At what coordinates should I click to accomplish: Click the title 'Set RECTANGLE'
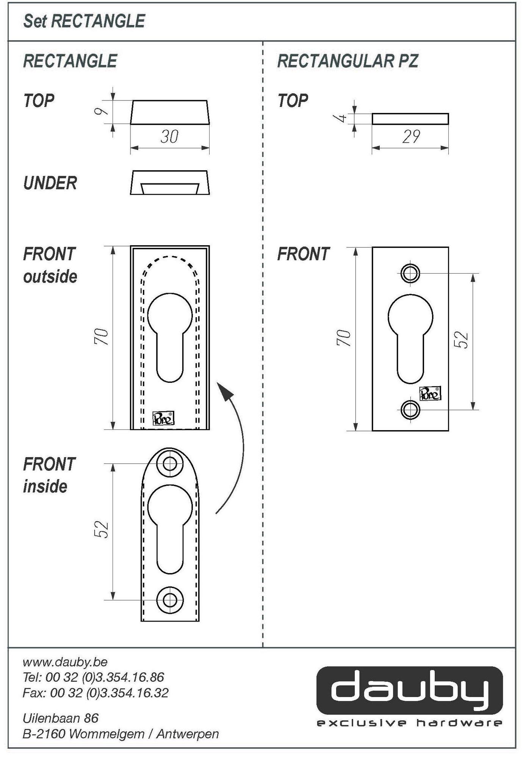point(84,21)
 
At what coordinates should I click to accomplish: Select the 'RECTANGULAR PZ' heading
point(348,61)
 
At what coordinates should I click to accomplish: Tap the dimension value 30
point(169,137)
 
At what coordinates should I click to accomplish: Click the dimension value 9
point(101,112)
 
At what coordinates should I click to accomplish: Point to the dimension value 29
point(411,137)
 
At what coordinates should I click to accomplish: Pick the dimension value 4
point(342,118)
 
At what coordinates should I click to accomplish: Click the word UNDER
point(50,183)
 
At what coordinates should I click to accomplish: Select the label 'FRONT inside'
point(49,475)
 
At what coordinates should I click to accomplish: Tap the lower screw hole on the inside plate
point(170,600)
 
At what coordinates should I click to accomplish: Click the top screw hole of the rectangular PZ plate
point(410,273)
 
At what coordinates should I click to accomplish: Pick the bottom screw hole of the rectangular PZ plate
point(410,410)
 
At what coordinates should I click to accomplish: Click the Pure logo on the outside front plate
point(163,418)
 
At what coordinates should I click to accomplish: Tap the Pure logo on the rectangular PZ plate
point(430,394)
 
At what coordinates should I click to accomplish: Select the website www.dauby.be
point(65,662)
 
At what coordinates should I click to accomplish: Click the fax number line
point(96,693)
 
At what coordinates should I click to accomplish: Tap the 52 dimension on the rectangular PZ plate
point(461,340)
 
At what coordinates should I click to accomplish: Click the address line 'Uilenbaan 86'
point(61,718)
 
